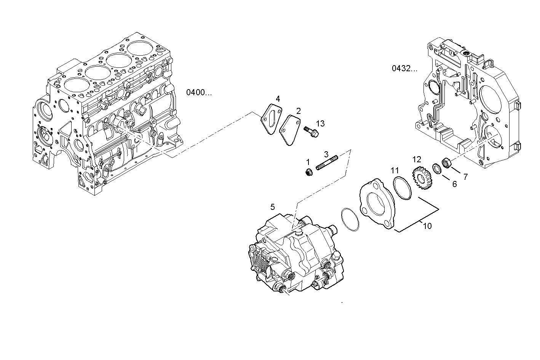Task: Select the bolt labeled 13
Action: [311, 132]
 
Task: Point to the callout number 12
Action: [417, 159]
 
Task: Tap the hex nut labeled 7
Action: [447, 163]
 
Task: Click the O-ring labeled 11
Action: [402, 188]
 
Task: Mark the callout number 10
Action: [427, 226]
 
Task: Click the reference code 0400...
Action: [198, 92]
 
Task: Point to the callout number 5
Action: [272, 207]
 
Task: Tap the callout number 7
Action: [465, 176]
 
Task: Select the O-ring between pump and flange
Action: [350, 219]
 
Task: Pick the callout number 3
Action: [326, 154]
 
